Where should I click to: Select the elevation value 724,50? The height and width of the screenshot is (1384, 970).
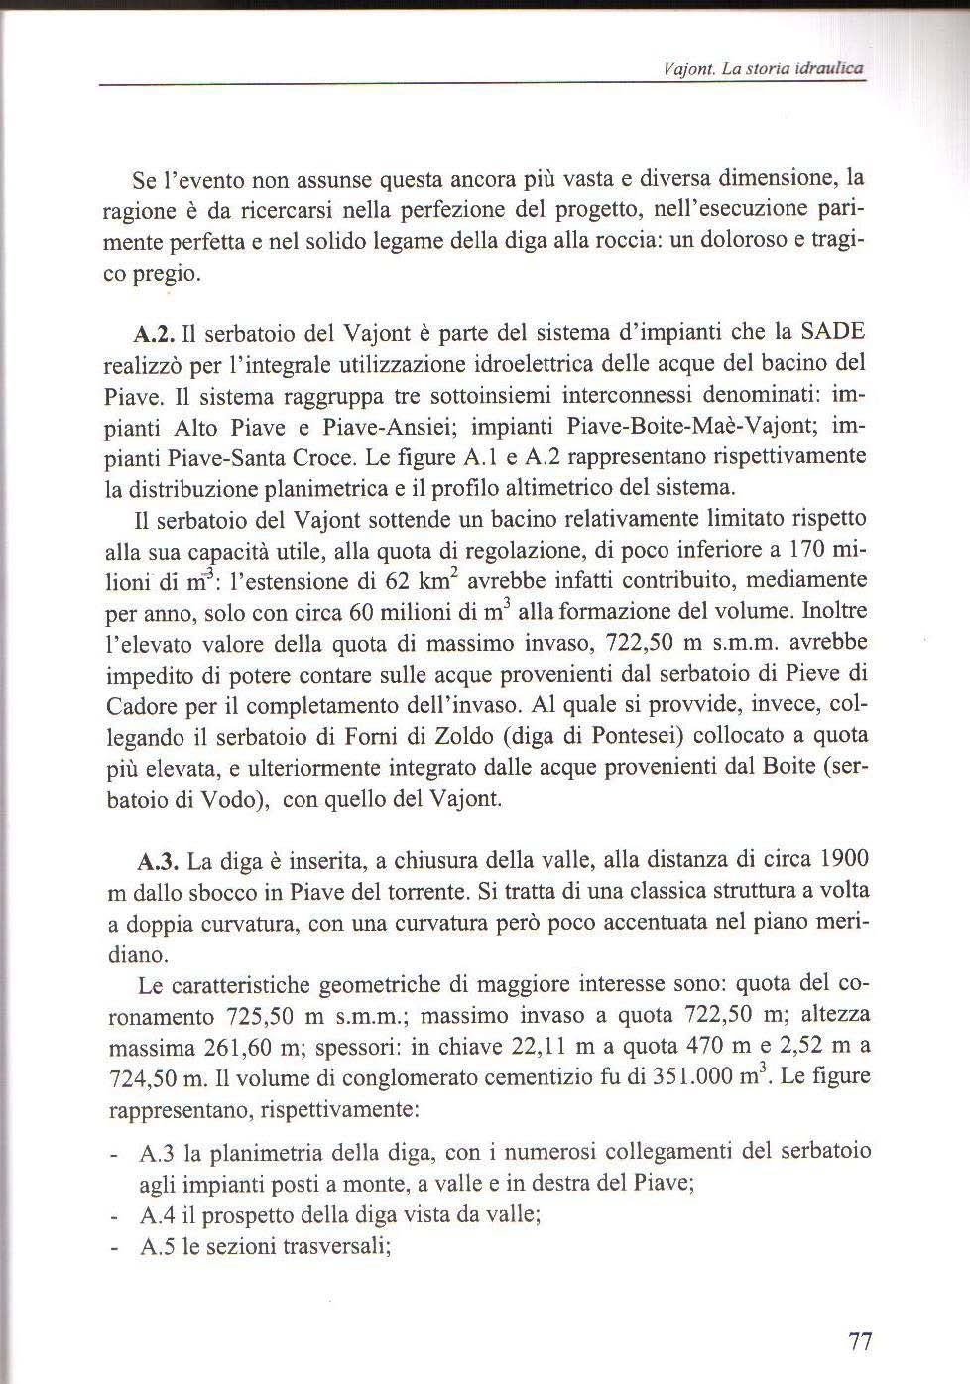138,1080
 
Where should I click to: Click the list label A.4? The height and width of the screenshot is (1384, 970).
159,1215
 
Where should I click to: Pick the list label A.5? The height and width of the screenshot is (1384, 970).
159,1247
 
